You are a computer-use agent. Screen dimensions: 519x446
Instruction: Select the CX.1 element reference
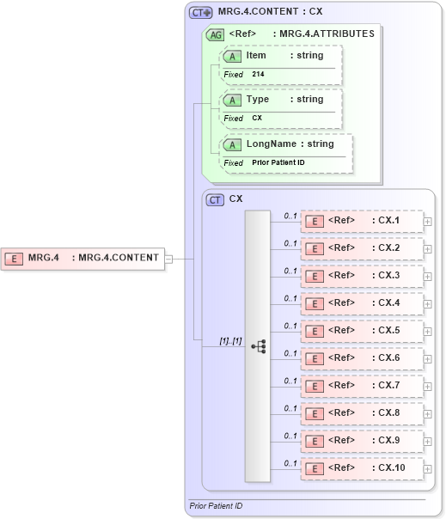[362, 221]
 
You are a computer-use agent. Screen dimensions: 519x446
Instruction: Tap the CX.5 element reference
[362, 331]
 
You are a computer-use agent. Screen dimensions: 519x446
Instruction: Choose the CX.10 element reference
[362, 468]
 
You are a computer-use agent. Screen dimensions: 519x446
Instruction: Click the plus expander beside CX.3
[427, 276]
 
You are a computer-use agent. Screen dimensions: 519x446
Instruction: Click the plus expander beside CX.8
[427, 413]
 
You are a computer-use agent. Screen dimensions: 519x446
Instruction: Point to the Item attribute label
[256, 55]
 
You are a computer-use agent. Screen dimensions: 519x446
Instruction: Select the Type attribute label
[257, 99]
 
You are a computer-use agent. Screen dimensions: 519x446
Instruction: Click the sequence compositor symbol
[258, 346]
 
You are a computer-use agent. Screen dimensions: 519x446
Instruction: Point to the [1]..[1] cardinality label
[229, 341]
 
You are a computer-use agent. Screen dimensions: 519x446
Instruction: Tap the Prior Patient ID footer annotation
[216, 506]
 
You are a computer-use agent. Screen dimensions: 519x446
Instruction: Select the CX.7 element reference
[362, 386]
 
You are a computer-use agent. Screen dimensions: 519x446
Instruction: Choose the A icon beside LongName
[232, 144]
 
